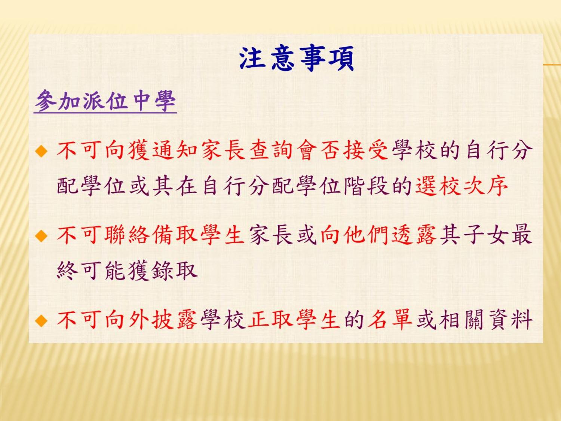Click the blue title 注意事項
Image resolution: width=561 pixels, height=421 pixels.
[297, 58]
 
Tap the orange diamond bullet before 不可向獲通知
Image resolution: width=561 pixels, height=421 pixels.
[41, 151]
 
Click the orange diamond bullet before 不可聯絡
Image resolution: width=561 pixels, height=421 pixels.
[41, 236]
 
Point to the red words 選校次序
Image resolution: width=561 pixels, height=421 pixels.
[461, 186]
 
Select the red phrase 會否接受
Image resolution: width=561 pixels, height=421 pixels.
[343, 150]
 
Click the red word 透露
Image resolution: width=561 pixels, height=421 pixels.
[414, 235]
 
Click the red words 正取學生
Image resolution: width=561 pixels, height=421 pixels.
[294, 320]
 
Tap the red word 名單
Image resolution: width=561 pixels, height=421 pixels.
[390, 320]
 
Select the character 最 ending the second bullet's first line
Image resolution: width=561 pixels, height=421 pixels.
[521, 235]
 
